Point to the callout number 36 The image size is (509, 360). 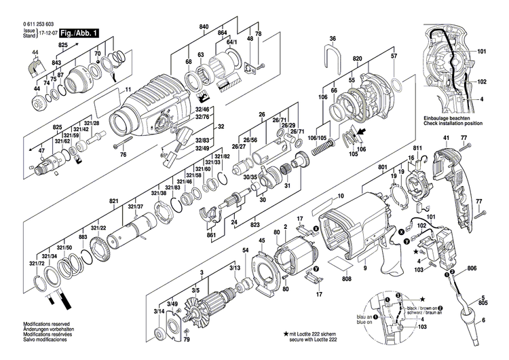[x=333, y=39]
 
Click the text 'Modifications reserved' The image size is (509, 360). [x=46, y=324]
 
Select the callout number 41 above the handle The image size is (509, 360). [x=447, y=139]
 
